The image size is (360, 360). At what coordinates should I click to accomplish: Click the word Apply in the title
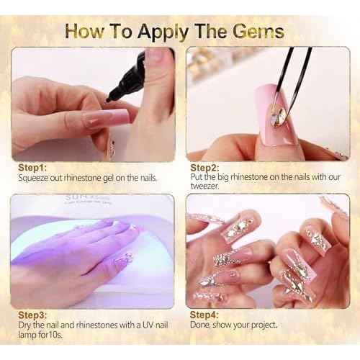[163, 33]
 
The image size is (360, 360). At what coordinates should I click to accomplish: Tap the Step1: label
[32, 168]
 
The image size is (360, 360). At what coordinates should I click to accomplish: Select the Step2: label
[204, 168]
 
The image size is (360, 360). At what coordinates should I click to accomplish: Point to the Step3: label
[32, 315]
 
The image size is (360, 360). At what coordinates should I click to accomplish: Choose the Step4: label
[204, 315]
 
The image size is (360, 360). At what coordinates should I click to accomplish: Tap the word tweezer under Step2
[204, 186]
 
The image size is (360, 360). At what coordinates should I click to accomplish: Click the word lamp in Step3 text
[27, 335]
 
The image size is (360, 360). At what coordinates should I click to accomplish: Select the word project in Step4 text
[264, 325]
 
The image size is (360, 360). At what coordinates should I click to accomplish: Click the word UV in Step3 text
[148, 325]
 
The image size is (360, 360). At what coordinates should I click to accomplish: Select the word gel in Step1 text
[108, 179]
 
